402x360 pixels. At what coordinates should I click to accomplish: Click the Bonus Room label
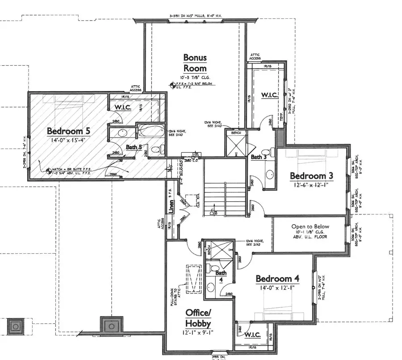[195, 63]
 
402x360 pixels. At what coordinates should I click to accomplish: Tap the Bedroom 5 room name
[69, 131]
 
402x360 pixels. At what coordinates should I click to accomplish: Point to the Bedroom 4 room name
[277, 279]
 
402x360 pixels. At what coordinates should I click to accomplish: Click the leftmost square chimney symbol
[16, 327]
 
